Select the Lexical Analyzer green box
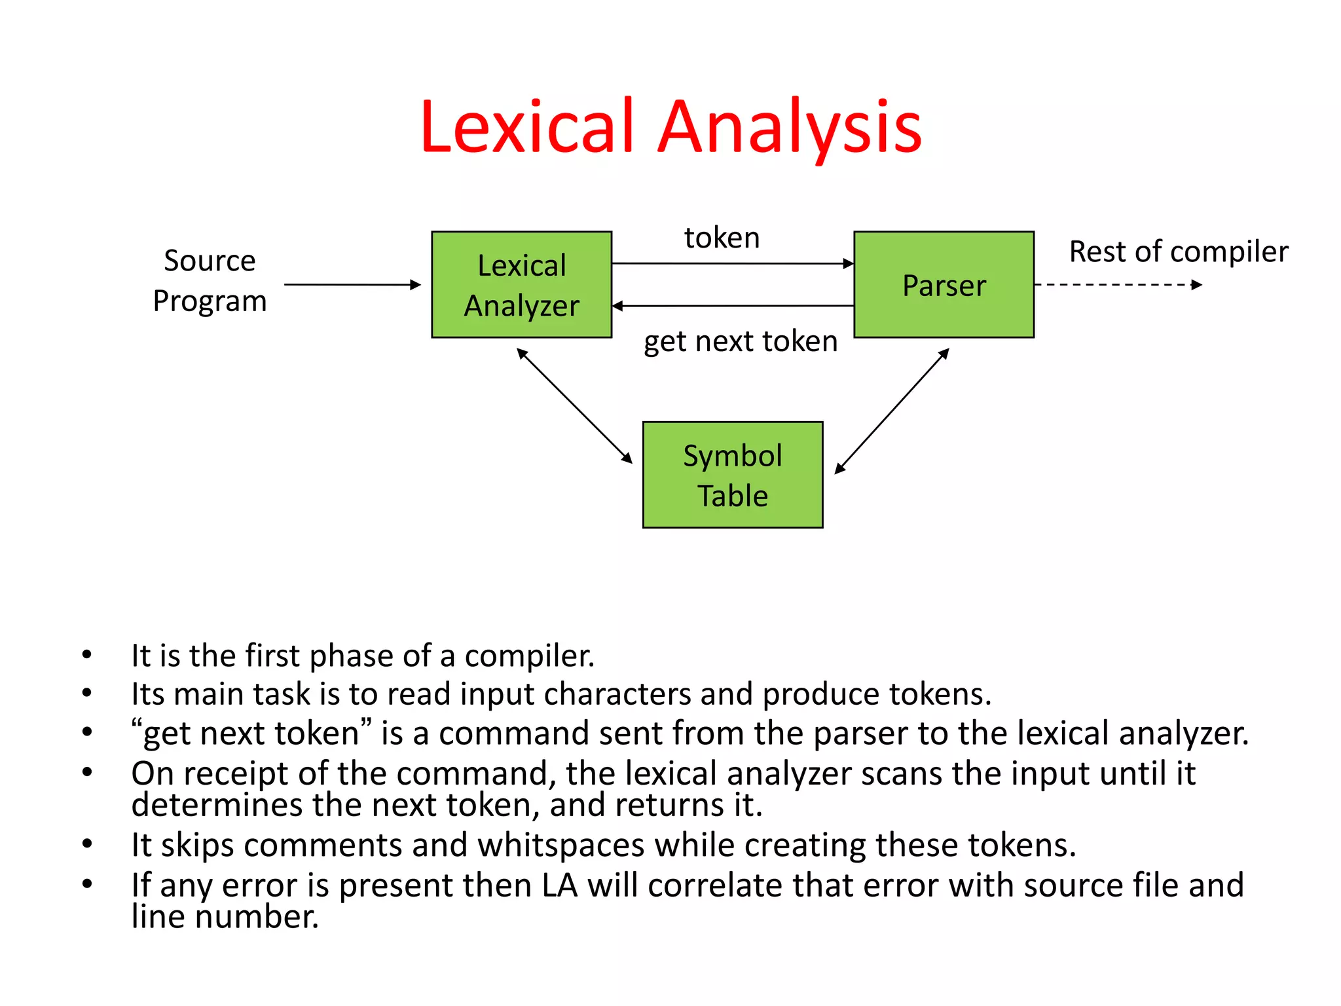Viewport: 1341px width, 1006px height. coord(521,285)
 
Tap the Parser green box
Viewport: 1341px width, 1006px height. coord(944,285)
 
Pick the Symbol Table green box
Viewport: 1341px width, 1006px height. coord(732,475)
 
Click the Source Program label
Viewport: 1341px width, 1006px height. coord(210,280)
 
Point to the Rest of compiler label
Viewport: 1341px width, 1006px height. coord(1178,251)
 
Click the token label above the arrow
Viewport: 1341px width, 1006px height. coord(722,237)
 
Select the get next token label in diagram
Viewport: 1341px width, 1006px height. coord(740,341)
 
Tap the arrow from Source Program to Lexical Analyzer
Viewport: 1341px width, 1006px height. coord(352,285)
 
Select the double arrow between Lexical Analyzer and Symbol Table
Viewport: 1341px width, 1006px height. coord(574,405)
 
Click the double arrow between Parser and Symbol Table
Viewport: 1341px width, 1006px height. coord(892,411)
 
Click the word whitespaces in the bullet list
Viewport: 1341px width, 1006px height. coord(560,845)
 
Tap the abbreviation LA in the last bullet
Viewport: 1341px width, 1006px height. coord(559,885)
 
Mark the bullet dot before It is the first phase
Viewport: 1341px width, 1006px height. coord(87,654)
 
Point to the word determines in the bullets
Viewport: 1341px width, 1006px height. coord(216,805)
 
